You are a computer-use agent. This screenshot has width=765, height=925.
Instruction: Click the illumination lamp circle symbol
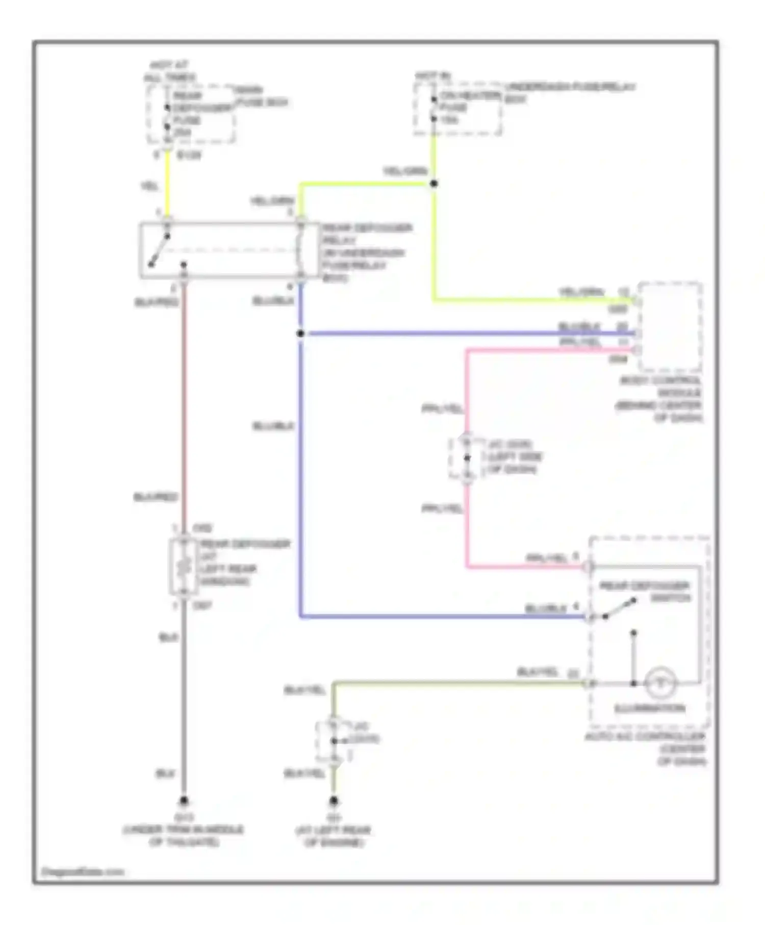click(x=660, y=683)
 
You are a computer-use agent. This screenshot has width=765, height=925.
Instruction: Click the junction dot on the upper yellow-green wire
click(x=434, y=184)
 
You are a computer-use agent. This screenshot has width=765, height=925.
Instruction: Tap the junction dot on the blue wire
click(x=300, y=333)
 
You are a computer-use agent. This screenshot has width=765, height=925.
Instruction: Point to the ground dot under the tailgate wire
click(x=184, y=801)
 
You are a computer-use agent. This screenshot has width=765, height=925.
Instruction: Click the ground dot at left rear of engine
click(x=334, y=801)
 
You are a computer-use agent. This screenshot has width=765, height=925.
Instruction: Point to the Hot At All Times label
click(x=169, y=71)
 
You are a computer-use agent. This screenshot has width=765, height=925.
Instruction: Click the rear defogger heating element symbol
click(x=184, y=567)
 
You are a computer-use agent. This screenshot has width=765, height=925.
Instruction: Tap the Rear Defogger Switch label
click(x=645, y=592)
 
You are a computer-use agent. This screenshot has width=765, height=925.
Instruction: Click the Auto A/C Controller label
click(x=647, y=749)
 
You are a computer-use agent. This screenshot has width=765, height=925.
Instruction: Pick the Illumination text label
click(x=649, y=708)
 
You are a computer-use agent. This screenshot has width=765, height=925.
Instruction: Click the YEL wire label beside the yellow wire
click(x=149, y=187)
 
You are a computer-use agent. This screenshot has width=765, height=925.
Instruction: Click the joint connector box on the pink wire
click(x=466, y=457)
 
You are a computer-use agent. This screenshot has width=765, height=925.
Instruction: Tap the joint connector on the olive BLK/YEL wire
click(x=333, y=740)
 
